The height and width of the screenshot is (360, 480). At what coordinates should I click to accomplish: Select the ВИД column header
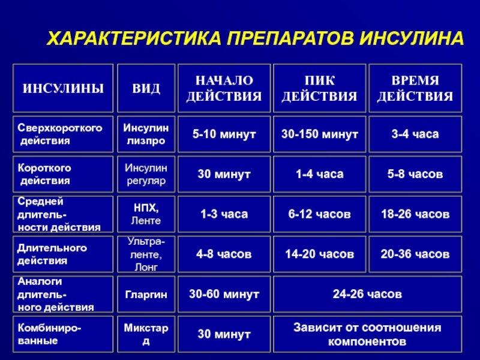(146, 88)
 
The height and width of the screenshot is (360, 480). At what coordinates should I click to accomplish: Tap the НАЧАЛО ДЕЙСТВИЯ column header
(224, 88)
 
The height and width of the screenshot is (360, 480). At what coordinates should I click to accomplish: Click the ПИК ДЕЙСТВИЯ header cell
(319, 88)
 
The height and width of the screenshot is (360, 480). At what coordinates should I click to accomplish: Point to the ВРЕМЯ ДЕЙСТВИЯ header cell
(415, 88)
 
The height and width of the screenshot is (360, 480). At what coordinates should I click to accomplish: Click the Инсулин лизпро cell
(146, 134)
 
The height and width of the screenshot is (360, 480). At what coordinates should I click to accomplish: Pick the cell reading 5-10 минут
(224, 134)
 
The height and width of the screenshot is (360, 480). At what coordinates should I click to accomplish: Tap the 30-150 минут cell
(319, 134)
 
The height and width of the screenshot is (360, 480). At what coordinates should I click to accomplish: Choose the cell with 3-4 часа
(415, 134)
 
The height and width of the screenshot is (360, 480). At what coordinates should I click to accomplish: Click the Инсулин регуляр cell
(146, 174)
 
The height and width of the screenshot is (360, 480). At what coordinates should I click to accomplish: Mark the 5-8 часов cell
(415, 174)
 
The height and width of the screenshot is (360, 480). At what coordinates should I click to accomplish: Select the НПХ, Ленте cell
(146, 214)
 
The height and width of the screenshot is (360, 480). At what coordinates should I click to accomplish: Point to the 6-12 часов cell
(319, 214)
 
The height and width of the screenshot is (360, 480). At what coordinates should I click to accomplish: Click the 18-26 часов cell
(415, 214)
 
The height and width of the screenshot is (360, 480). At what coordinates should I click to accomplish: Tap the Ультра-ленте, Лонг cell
(146, 254)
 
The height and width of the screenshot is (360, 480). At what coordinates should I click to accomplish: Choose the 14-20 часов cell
(319, 254)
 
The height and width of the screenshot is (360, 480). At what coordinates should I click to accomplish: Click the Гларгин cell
(146, 295)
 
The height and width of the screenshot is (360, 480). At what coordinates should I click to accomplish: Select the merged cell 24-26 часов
(367, 295)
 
